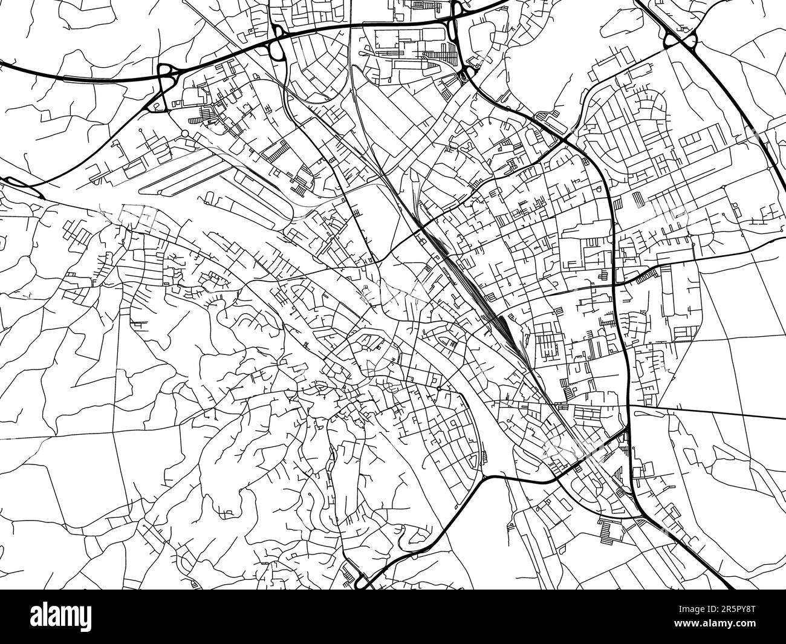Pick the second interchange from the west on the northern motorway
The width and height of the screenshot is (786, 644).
coord(279,43)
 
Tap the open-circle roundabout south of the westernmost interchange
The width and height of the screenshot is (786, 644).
coord(184,134)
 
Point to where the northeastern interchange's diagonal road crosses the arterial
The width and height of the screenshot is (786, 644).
coord(568,135)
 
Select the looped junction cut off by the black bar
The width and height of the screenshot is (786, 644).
coord(363,584)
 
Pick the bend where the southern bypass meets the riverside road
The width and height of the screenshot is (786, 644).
coord(487,477)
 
